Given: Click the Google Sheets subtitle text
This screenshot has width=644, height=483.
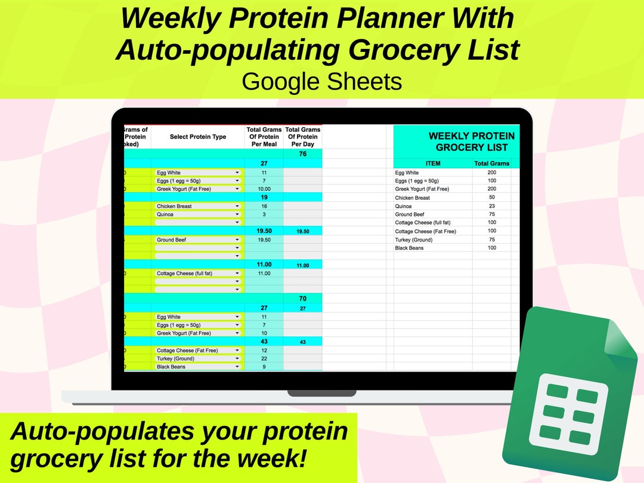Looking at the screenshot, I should [322, 81].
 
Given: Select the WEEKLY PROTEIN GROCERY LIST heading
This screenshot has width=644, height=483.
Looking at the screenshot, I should [471, 141].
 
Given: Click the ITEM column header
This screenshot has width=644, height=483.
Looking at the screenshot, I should [433, 163].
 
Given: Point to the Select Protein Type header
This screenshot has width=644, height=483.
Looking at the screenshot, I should [198, 137].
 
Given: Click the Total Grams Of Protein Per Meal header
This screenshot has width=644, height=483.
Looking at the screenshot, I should [264, 137].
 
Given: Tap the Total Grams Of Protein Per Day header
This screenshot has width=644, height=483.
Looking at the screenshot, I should [303, 137].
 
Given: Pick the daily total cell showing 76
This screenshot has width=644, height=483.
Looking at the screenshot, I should [303, 154].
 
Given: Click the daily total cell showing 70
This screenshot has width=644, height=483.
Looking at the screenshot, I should [303, 298].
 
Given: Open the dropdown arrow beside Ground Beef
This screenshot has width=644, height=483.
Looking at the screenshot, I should [237, 240].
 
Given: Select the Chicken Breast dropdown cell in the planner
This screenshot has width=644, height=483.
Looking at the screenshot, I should [197, 206].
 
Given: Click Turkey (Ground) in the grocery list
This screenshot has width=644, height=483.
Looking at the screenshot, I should [414, 240].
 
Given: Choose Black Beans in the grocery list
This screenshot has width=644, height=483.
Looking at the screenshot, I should [409, 248].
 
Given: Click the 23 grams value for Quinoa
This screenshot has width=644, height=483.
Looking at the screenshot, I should [491, 206].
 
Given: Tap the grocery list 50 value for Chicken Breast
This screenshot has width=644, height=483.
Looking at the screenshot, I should [491, 197].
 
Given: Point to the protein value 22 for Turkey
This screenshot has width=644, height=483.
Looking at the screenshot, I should [264, 358].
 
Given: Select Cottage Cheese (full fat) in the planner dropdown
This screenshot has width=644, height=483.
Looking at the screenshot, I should [185, 273].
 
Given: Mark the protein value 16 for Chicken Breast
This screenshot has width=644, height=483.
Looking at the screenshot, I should [264, 206].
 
